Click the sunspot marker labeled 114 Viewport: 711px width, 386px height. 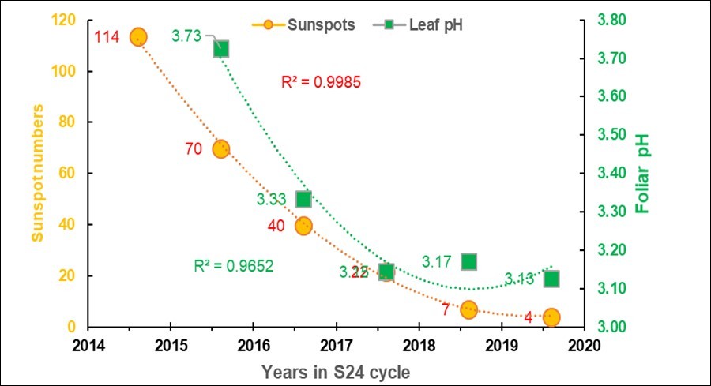tap(138, 37)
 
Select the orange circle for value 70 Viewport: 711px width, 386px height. tap(220, 149)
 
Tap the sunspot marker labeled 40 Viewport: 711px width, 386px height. tap(303, 226)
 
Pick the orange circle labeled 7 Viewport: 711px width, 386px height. tap(469, 309)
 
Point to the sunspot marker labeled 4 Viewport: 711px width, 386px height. tap(551, 317)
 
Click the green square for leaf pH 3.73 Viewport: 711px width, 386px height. tap(221, 49)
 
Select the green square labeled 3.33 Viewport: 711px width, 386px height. tap(303, 199)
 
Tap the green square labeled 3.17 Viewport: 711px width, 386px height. tap(469, 261)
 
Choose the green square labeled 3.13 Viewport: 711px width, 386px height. tap(551, 279)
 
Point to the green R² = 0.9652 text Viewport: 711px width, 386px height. tap(234, 266)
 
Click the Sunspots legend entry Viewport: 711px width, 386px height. tap(296, 24)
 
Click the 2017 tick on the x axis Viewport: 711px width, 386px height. tap(336, 344)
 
